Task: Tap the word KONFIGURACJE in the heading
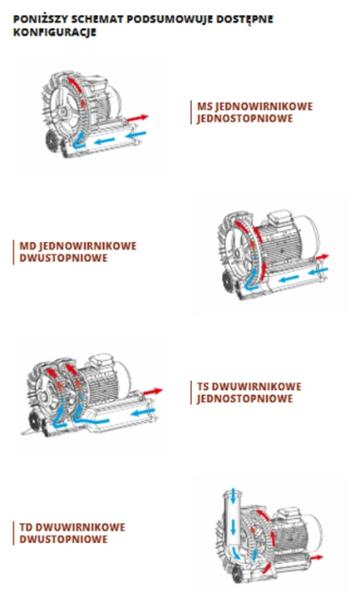coord(55,32)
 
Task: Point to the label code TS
coord(204,387)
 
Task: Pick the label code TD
coord(26,526)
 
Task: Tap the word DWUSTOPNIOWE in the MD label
coord(63,258)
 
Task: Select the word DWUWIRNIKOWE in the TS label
coord(257,387)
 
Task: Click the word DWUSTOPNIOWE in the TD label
coord(63,539)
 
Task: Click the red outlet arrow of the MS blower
coord(138,118)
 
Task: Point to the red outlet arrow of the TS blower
coord(153,392)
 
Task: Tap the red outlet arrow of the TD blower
coord(317,557)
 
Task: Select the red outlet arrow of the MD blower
coord(322,257)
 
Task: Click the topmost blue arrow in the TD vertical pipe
coord(233,497)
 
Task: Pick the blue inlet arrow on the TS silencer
coord(143,413)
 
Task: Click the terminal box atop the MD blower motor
coord(279,217)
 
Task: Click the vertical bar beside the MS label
coord(191,112)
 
